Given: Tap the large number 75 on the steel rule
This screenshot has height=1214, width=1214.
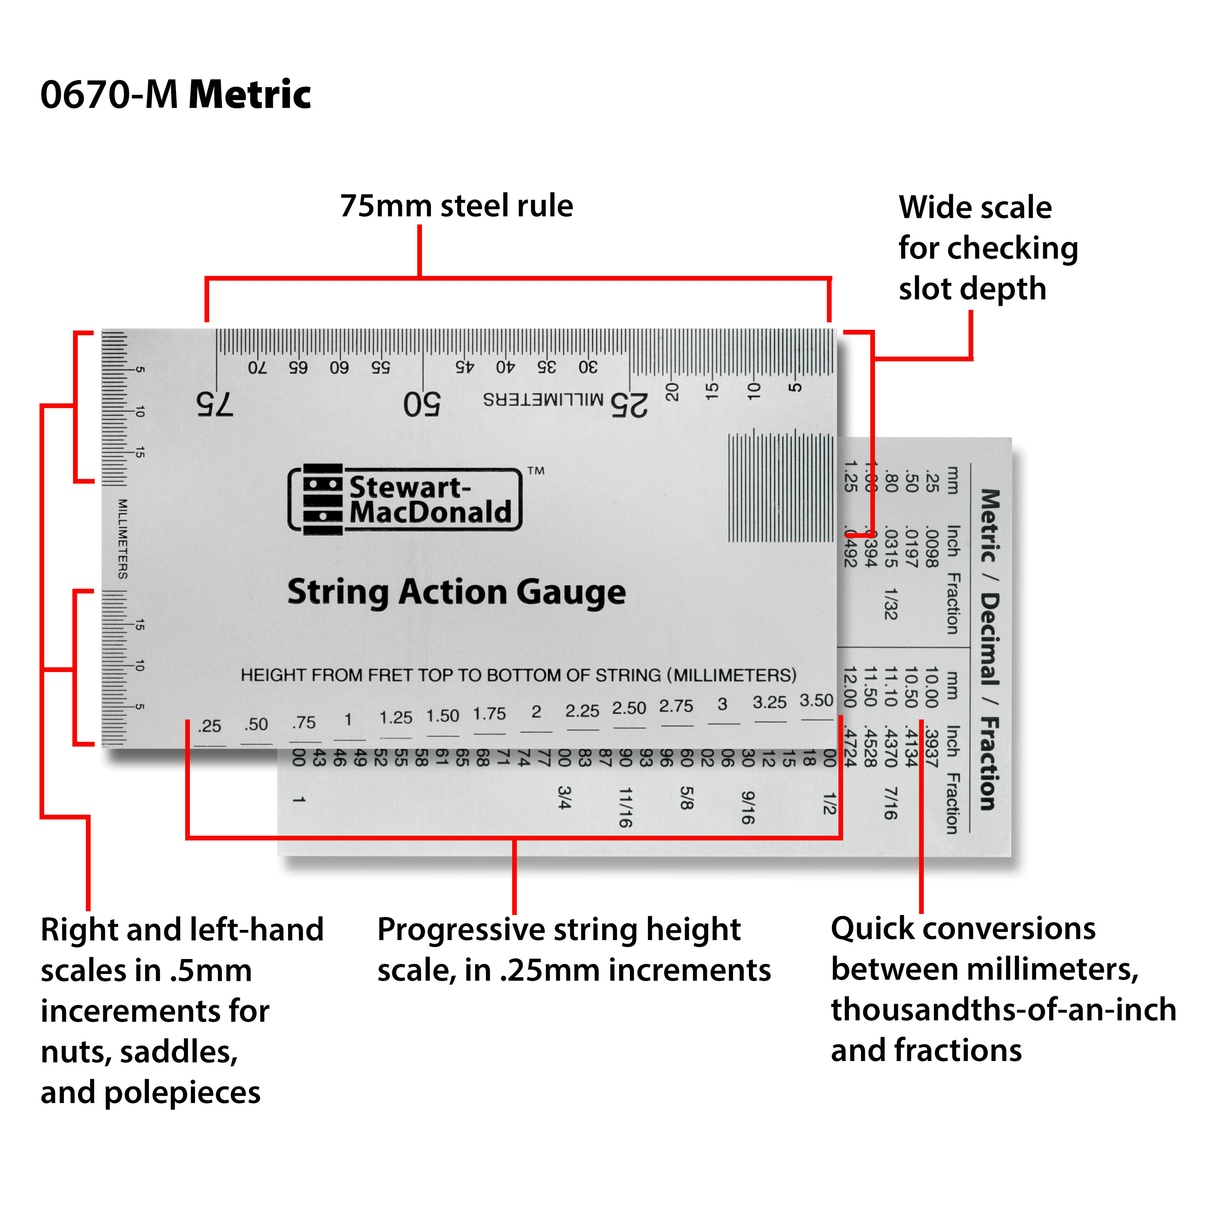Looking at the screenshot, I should pyautogui.click(x=214, y=404).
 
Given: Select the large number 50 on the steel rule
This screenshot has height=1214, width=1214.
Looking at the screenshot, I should pyautogui.click(x=422, y=404).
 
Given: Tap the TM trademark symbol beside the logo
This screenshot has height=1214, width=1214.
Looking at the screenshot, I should pyautogui.click(x=535, y=471).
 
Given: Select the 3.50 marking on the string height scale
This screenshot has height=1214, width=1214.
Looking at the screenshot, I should pyautogui.click(x=816, y=700).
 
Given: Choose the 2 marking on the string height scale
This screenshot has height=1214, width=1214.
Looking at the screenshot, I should pyautogui.click(x=536, y=711).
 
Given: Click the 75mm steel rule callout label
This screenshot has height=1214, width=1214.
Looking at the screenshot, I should pyautogui.click(x=456, y=206).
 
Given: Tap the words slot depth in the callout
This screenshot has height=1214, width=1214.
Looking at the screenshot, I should pyautogui.click(x=972, y=289).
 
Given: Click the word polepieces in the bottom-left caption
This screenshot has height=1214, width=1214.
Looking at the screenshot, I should pyautogui.click(x=182, y=1093).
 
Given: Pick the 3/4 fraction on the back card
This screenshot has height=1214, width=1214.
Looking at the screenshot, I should pyautogui.click(x=564, y=797).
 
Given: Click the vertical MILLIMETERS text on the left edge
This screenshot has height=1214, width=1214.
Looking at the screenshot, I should pyautogui.click(x=123, y=539).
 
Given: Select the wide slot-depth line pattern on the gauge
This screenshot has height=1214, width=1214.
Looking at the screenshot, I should pyautogui.click(x=781, y=486).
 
